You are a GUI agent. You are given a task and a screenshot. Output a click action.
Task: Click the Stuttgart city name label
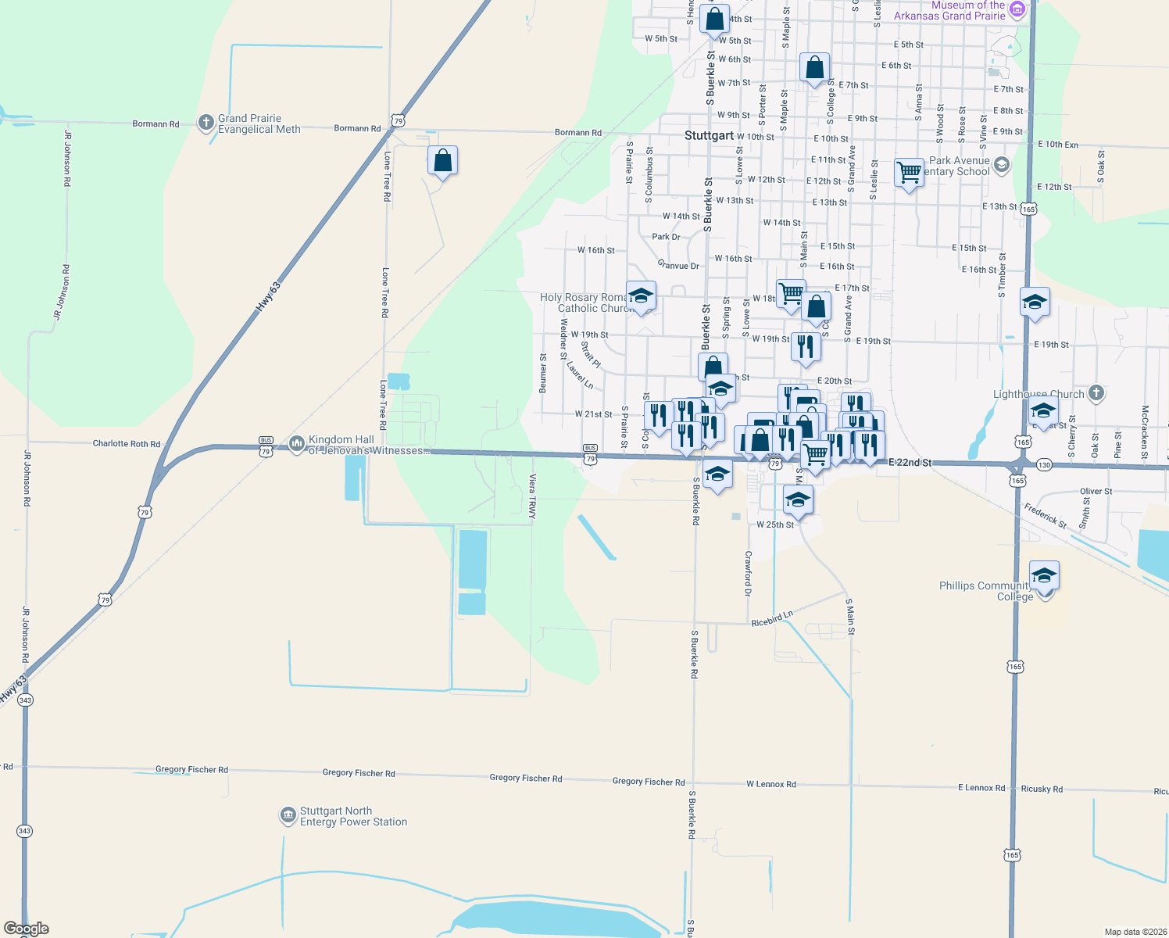pyautogui.click(x=709, y=135)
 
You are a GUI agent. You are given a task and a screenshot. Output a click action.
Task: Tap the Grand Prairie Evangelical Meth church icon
pyautogui.click(x=206, y=122)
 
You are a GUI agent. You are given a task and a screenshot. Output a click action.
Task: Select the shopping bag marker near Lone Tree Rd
pyautogui.click(x=442, y=160)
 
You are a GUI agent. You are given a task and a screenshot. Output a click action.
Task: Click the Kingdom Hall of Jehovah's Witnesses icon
pyautogui.click(x=296, y=444)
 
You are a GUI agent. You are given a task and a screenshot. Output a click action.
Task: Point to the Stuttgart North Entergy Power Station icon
pyautogui.click(x=288, y=815)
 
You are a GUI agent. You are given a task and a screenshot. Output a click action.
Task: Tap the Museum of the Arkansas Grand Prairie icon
pyautogui.click(x=1017, y=9)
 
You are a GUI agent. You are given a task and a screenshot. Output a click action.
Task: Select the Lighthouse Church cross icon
pyautogui.click(x=1096, y=393)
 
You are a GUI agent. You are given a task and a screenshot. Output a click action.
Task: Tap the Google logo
pyautogui.click(x=27, y=928)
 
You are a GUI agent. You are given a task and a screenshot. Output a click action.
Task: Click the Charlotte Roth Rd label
pyautogui.click(x=127, y=443)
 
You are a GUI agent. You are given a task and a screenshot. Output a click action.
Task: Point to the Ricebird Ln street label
pyautogui.click(x=772, y=618)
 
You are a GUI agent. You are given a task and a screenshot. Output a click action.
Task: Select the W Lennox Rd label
pyautogui.click(x=770, y=784)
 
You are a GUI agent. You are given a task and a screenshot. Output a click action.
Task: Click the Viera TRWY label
pyautogui.click(x=532, y=496)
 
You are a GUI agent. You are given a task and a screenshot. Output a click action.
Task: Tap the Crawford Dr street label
pyautogui.click(x=748, y=573)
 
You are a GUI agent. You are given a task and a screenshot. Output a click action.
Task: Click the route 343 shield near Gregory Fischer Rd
pyautogui.click(x=24, y=831)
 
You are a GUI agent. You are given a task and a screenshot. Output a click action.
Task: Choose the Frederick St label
pyautogui.click(x=1046, y=515)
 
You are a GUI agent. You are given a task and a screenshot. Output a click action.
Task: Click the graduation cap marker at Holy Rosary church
pyautogui.click(x=641, y=295)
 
